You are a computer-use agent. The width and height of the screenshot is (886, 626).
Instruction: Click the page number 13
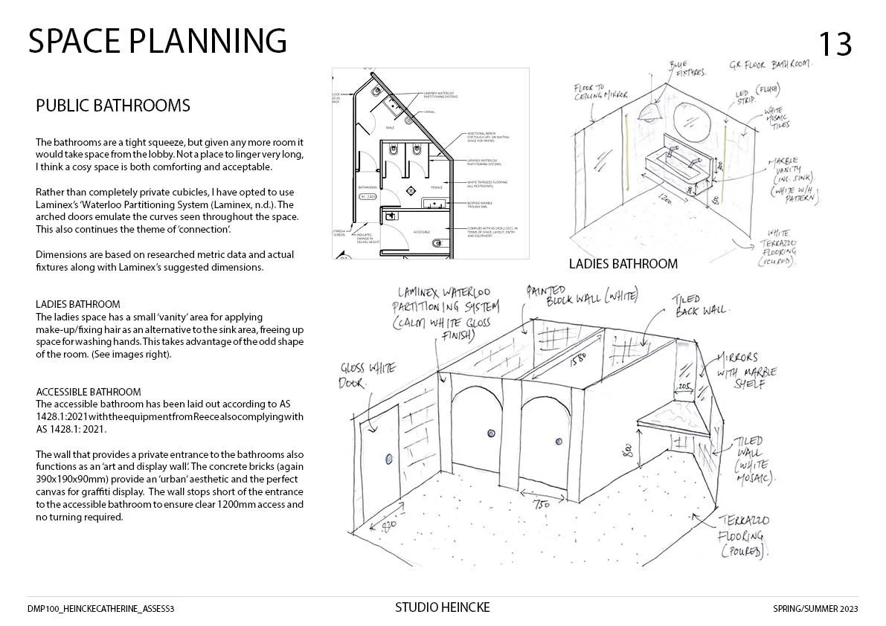tap(835, 45)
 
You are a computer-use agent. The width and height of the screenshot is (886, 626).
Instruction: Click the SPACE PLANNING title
tap(158, 41)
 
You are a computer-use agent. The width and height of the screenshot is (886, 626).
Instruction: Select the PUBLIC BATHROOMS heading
tap(113, 106)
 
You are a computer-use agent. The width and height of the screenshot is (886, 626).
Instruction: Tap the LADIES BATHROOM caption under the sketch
tap(623, 264)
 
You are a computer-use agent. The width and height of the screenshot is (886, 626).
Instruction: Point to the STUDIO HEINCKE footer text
tap(443, 608)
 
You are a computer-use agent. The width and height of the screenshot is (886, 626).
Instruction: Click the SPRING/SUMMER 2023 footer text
tap(815, 609)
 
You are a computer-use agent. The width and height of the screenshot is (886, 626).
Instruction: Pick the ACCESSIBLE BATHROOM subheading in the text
tap(89, 392)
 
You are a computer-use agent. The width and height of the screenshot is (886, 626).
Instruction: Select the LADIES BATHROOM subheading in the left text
tap(78, 304)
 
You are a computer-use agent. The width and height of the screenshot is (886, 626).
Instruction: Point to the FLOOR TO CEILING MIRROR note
tap(601, 93)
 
